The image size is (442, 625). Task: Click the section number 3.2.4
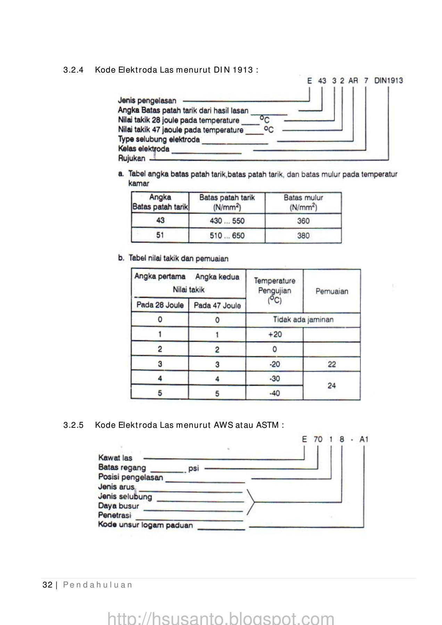pyautogui.click(x=73, y=70)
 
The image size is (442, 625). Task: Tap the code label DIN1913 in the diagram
pyautogui.click(x=388, y=81)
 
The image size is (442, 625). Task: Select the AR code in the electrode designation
pyautogui.click(x=353, y=81)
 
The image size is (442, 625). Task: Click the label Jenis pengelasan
pyautogui.click(x=147, y=101)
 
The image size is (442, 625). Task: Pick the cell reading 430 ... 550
pyautogui.click(x=227, y=221)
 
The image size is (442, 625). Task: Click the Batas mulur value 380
pyautogui.click(x=303, y=236)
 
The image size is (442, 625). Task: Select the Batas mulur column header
pyautogui.click(x=303, y=202)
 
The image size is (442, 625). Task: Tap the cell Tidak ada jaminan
pyautogui.click(x=303, y=319)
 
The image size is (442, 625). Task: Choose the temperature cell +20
pyautogui.click(x=275, y=334)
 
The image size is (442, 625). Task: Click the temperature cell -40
pyautogui.click(x=275, y=393)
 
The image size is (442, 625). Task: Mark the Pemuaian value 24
pyautogui.click(x=331, y=386)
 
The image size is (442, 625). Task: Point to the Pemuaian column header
pyautogui.click(x=331, y=291)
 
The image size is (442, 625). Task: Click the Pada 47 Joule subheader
pyautogui.click(x=217, y=306)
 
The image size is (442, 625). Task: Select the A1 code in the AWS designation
pyautogui.click(x=364, y=440)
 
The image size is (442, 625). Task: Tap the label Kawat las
pyautogui.click(x=115, y=458)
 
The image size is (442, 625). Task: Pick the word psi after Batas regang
pyautogui.click(x=194, y=468)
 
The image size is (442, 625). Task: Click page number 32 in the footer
pyautogui.click(x=47, y=585)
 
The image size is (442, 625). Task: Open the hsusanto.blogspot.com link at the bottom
pyautogui.click(x=221, y=617)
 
